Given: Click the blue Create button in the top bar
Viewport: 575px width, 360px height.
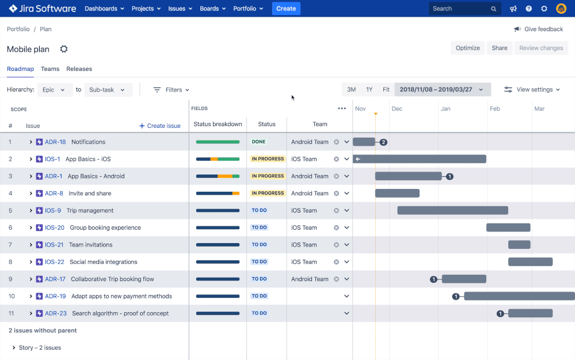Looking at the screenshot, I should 286,9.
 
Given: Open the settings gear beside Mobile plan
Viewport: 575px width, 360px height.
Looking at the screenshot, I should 64,49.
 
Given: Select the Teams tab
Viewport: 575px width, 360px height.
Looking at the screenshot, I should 50,69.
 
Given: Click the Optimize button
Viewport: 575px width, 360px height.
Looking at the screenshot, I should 467,48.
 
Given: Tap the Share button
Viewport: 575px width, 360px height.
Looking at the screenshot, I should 499,48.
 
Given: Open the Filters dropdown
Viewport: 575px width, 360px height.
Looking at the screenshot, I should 171,90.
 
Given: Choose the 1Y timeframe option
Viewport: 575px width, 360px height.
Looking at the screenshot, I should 369,90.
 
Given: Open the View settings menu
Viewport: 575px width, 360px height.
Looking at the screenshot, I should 532,90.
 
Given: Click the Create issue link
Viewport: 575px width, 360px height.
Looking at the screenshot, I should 160,126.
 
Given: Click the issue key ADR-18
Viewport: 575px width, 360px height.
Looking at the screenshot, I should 55,142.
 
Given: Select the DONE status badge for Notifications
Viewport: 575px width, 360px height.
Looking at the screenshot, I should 258,142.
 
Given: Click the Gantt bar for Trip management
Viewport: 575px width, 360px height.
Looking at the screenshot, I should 452,210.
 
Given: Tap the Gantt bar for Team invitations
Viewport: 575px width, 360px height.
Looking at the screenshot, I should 519,245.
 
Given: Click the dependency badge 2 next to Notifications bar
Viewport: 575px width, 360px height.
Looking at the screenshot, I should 383,142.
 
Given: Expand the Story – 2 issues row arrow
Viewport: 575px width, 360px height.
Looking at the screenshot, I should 14,348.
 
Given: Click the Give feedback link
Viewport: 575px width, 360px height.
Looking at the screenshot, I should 539,29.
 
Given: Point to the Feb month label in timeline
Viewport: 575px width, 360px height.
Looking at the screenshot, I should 495,108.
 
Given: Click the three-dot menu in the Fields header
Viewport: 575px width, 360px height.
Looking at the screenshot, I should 342,108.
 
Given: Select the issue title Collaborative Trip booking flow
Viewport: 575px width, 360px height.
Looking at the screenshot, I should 112,279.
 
